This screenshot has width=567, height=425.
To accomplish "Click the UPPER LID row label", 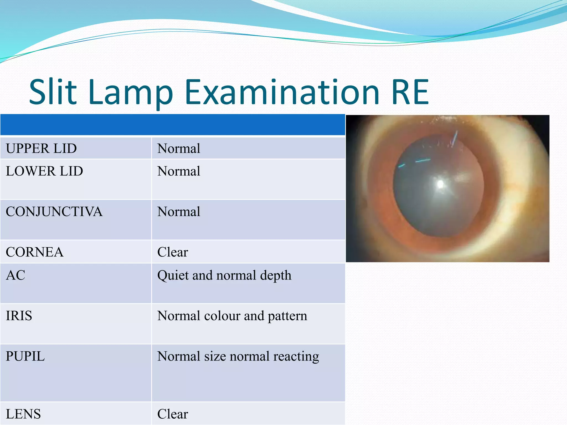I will [41, 149].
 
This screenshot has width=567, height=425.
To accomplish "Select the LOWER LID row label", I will [44, 171].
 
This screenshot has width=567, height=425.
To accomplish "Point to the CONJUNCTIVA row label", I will [54, 212].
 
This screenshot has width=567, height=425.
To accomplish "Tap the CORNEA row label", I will [35, 252].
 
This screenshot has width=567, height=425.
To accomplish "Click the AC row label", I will [16, 275].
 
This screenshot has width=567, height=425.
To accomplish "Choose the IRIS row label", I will [19, 316].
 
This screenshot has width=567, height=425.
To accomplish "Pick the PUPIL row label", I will [25, 356].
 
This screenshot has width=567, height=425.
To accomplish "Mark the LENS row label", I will [23, 414].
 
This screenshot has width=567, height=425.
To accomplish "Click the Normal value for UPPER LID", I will [179, 149].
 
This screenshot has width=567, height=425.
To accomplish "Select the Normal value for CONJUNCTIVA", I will [179, 212].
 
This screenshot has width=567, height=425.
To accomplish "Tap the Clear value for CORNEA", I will [172, 252].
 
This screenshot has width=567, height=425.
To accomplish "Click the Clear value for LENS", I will [172, 414].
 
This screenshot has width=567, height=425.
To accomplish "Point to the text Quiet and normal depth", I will [224, 276].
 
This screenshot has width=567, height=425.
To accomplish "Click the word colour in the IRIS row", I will [222, 316].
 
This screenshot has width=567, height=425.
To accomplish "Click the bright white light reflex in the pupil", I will [440, 184].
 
